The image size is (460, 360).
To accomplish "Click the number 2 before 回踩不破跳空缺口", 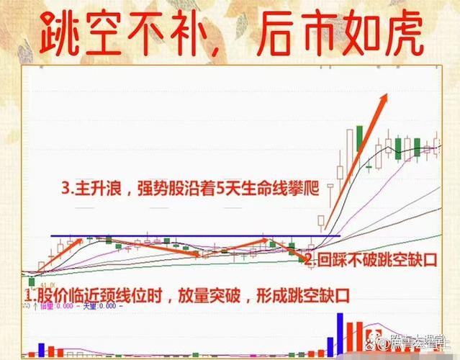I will [x=310, y=260].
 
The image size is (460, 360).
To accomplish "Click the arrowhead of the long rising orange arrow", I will [x=391, y=97].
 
